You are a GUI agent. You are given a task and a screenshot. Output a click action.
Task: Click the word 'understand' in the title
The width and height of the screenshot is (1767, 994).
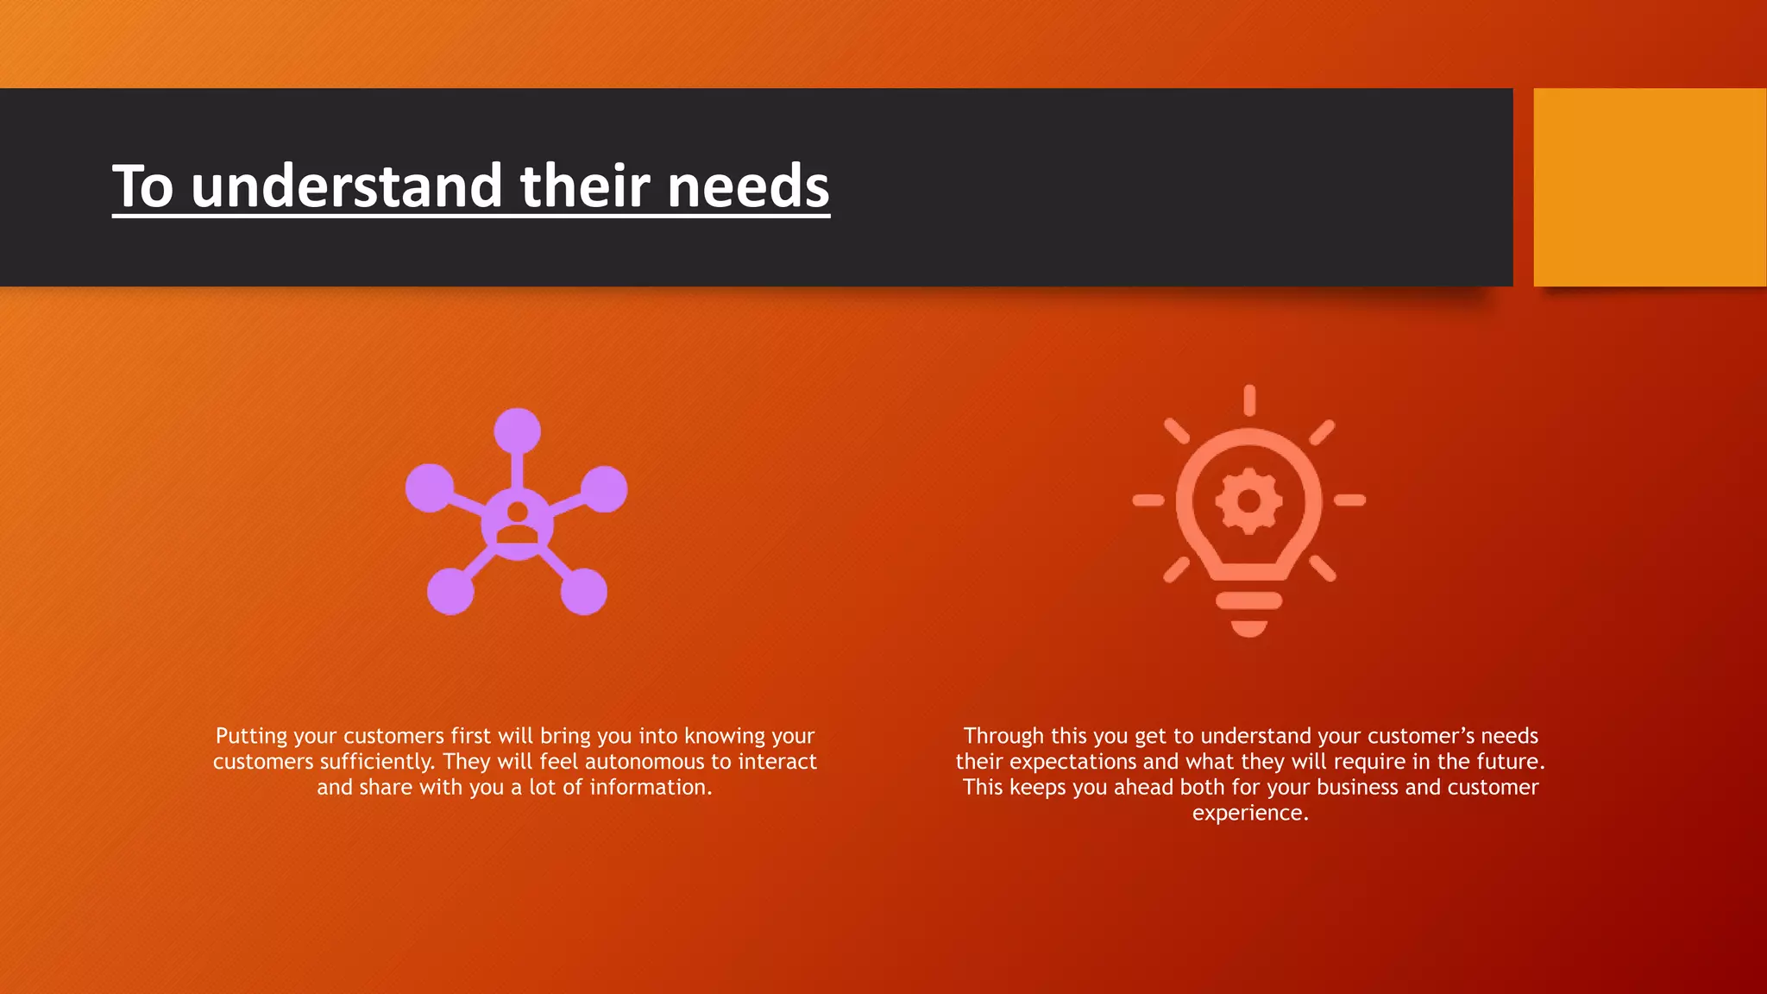[346, 186]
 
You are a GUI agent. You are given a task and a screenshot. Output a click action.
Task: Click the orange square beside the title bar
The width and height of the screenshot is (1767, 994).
[1649, 186]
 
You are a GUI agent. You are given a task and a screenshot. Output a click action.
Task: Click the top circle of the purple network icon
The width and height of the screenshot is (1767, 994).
[517, 431]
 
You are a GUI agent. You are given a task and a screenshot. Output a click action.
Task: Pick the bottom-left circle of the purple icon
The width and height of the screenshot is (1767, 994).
[450, 592]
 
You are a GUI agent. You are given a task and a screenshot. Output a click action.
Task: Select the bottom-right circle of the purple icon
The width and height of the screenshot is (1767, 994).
[584, 592]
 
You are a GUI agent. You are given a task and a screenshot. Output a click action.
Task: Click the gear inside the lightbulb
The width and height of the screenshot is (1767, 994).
[1248, 500]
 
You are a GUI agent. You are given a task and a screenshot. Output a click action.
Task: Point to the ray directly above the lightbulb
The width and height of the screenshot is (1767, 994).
[1248, 400]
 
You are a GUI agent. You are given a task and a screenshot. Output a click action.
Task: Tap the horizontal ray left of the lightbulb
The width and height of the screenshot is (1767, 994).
[1148, 500]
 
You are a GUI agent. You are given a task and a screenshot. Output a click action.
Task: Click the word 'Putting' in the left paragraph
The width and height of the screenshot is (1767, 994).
[251, 736]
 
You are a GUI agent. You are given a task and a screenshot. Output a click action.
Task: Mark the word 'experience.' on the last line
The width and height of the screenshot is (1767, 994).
[1250, 813]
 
